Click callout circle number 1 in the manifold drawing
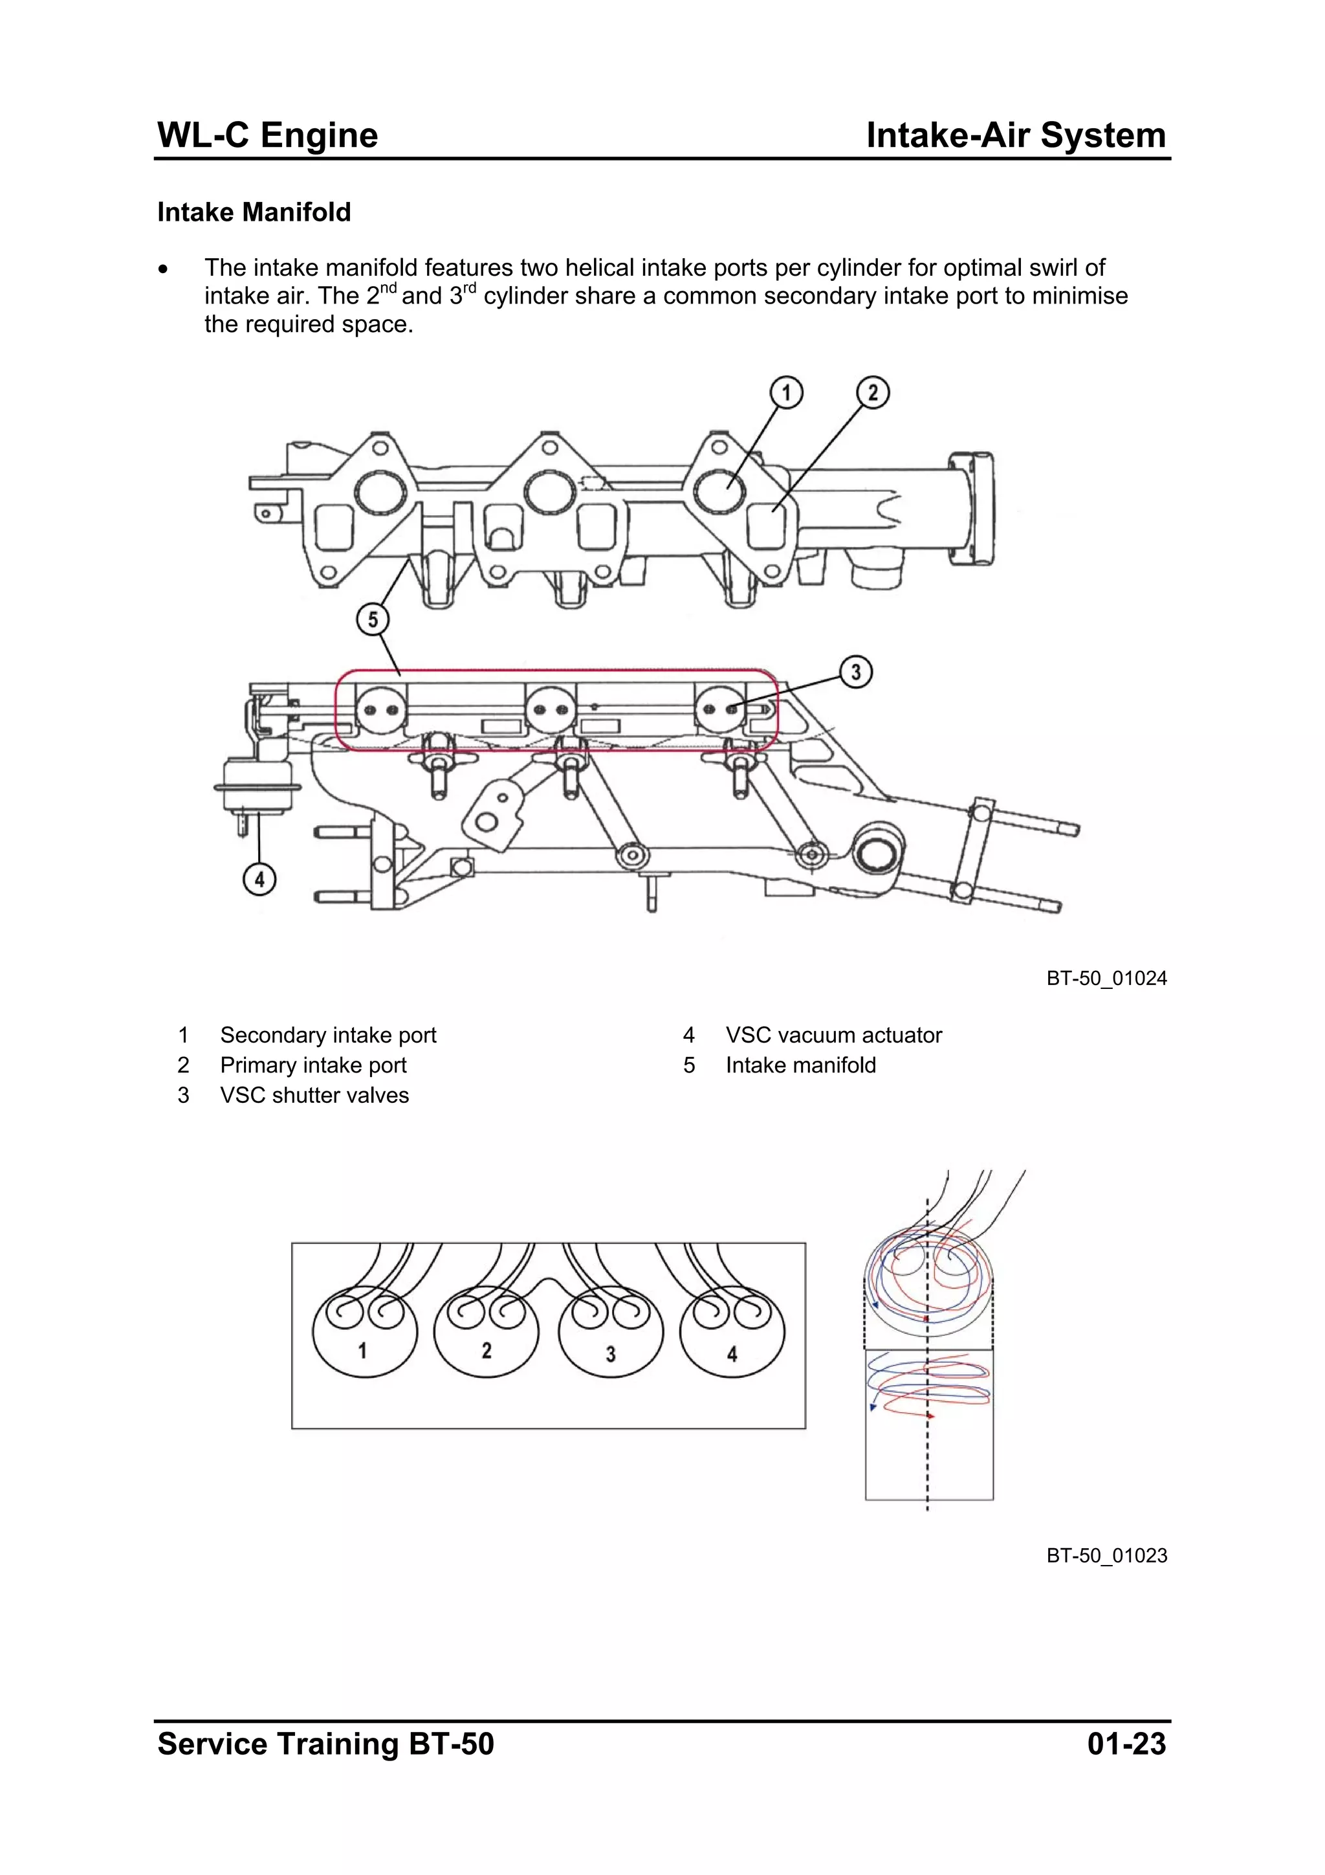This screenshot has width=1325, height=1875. click(786, 393)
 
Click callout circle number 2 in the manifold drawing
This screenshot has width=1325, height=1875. click(873, 393)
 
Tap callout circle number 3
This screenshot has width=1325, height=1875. click(855, 672)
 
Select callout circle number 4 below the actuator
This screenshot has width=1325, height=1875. click(259, 880)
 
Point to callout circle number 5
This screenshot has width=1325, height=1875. click(372, 619)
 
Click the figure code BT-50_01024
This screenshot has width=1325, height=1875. click(1106, 979)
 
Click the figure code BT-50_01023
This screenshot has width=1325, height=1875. click(1106, 1556)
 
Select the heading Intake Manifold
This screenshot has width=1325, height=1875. click(254, 212)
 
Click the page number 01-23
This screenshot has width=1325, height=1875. click(1126, 1744)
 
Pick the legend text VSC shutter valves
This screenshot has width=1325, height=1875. click(314, 1095)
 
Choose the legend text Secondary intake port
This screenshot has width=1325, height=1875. click(328, 1036)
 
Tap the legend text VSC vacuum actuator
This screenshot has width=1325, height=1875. click(833, 1036)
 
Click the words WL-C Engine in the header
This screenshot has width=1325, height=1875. click(268, 135)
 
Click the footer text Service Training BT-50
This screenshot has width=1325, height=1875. click(325, 1744)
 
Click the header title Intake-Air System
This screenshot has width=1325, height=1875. click(1016, 135)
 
